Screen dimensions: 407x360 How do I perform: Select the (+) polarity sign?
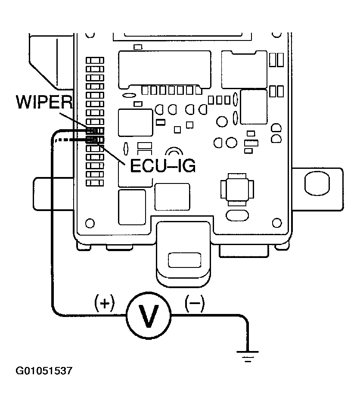tap(105, 304)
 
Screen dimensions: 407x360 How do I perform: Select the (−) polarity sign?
tap(194, 304)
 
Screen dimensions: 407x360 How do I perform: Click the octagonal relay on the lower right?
tap(235, 188)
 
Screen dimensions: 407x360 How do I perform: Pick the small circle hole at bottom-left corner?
tap(90, 223)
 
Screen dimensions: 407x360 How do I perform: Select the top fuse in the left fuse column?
tap(95, 61)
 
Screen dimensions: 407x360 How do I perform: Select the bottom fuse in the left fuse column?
tap(95, 183)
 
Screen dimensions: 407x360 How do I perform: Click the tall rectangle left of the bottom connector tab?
tap(132, 207)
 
